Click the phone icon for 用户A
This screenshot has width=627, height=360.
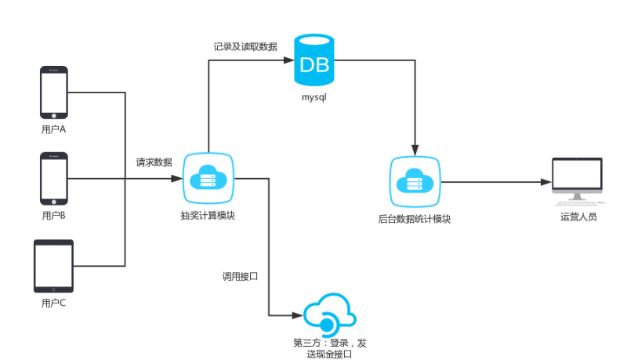[53, 92]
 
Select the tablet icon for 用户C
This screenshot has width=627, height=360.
[53, 266]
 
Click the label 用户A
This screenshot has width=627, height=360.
[53, 129]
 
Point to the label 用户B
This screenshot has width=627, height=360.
[53, 215]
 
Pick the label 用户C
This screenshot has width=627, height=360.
[53, 302]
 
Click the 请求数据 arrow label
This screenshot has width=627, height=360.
[154, 162]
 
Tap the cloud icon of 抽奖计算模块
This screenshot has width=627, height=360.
[208, 180]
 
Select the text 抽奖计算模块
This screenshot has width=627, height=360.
[208, 215]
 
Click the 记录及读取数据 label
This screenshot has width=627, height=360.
[245, 47]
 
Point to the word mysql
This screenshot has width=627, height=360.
[314, 97]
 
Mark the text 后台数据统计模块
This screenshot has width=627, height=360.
[415, 218]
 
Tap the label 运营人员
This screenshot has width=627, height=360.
[578, 216]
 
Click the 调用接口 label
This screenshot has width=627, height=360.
[240, 277]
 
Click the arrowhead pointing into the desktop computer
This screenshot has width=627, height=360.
[547, 182]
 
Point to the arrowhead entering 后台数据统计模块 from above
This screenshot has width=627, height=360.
[415, 151]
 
